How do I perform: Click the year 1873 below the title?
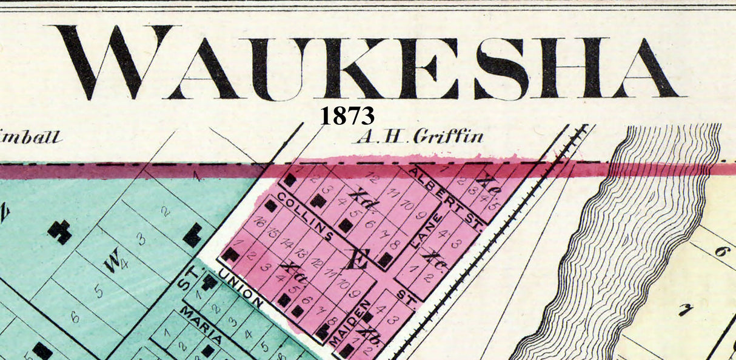pyautogui.click(x=347, y=115)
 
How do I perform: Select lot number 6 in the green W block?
pyautogui.click(x=75, y=316)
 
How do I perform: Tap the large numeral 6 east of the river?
pyautogui.click(x=721, y=251)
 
